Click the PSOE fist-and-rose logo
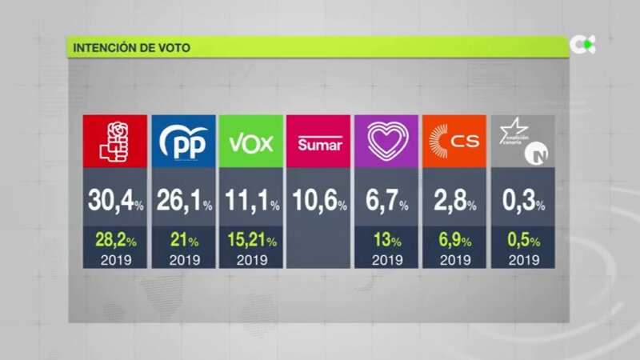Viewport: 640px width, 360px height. click(115, 141)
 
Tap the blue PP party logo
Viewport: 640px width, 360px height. click(183, 142)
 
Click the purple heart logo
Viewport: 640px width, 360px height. click(386, 141)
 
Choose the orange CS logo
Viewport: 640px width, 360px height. click(454, 142)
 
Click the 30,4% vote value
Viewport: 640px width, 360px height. click(115, 202)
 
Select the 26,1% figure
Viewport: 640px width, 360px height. click(183, 202)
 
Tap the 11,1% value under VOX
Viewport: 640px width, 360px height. click(251, 202)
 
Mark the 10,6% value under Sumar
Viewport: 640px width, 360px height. click(318, 202)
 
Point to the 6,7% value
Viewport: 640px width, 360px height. click(386, 202)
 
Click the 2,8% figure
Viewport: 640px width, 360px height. click(454, 202)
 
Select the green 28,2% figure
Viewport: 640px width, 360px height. click(115, 240)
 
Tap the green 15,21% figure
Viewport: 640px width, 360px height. click(251, 240)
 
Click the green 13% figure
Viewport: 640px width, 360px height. click(386, 240)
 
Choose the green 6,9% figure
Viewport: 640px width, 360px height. click(454, 240)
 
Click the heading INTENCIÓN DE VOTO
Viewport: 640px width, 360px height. click(131, 47)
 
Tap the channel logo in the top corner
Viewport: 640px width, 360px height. click(582, 45)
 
